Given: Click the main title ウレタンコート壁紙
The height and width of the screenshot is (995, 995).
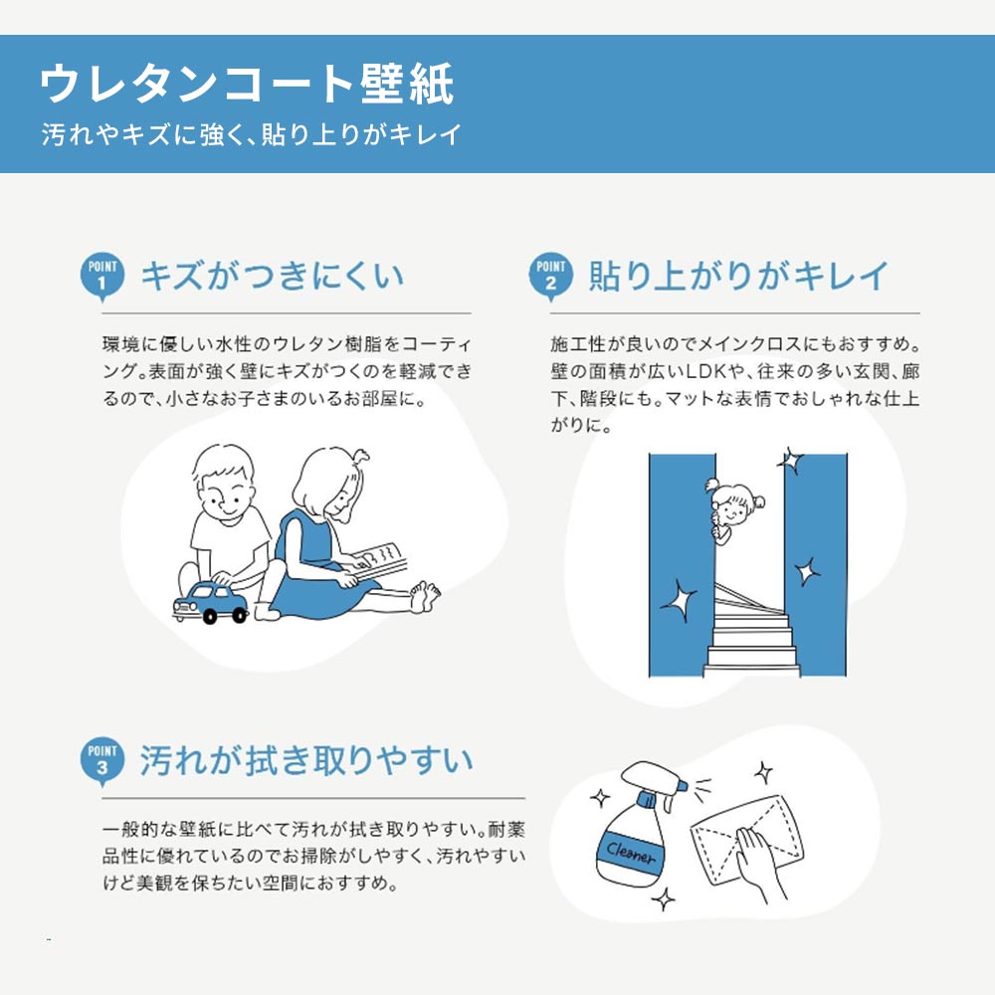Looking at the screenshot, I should point(247,86).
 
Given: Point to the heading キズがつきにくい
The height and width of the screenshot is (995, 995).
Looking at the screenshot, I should point(272,276).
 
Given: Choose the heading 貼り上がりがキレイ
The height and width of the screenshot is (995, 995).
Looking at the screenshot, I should point(737,276).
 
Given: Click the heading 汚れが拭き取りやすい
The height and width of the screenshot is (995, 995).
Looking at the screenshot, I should point(305,761).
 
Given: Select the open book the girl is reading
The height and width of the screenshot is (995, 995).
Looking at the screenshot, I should point(384,557).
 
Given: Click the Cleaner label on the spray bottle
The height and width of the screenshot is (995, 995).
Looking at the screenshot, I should point(629,853).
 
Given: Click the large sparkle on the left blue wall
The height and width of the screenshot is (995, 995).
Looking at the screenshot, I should point(680,600).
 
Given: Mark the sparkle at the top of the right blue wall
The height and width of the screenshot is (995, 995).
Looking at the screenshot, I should point(791,461).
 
